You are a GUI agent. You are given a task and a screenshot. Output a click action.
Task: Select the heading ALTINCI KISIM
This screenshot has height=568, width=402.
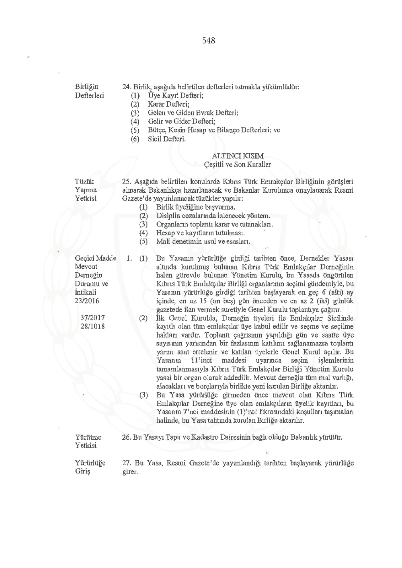(x=238, y=156)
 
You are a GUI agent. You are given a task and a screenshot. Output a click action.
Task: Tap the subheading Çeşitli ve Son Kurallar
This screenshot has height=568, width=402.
(x=238, y=165)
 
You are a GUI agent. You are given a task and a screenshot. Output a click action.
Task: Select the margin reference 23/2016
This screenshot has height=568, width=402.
(x=87, y=301)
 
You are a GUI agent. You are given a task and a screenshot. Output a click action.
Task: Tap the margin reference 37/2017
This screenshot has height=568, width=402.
(x=92, y=318)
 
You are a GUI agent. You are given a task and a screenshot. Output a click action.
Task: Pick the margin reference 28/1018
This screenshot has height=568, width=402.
(x=92, y=326)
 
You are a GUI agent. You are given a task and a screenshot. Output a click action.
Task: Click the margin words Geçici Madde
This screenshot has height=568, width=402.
(x=95, y=258)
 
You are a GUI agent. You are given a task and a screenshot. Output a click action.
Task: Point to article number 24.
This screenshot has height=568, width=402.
(x=126, y=87)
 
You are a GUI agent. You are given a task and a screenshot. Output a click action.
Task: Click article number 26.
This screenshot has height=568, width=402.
(x=126, y=437)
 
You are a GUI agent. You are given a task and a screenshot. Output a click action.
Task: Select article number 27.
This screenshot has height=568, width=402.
(x=126, y=463)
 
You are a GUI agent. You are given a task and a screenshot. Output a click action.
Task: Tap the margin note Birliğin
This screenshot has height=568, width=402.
(x=86, y=87)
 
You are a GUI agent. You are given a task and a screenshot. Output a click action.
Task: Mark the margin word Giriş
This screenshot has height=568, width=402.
(x=83, y=471)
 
